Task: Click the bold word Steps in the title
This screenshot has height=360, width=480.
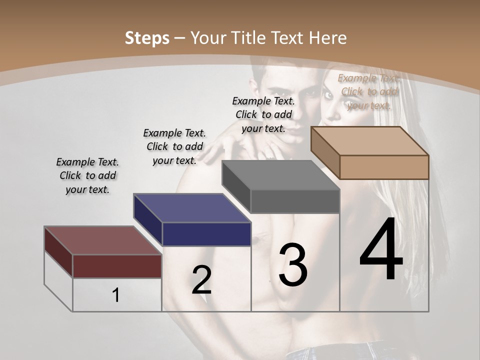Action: [x=147, y=38]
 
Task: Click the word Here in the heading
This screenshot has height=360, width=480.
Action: [x=328, y=38]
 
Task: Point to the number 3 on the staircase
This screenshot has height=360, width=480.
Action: [x=292, y=264]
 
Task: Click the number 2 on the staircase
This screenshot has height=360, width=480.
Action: [x=201, y=280]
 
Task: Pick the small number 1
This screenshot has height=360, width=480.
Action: [x=116, y=295]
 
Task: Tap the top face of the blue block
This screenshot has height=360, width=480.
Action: [x=192, y=208]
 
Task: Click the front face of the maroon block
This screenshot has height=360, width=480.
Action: [x=117, y=266]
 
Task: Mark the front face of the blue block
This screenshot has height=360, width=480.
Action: [x=206, y=234]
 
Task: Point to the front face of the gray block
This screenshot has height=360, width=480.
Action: [x=295, y=201]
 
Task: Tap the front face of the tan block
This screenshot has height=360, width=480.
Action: [x=384, y=167]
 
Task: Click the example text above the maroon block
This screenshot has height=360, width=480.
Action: [x=87, y=175]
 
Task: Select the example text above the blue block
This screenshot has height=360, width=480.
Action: [x=174, y=146]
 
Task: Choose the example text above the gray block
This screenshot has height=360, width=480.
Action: [x=263, y=114]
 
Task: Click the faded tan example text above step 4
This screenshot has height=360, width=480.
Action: [x=369, y=91]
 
